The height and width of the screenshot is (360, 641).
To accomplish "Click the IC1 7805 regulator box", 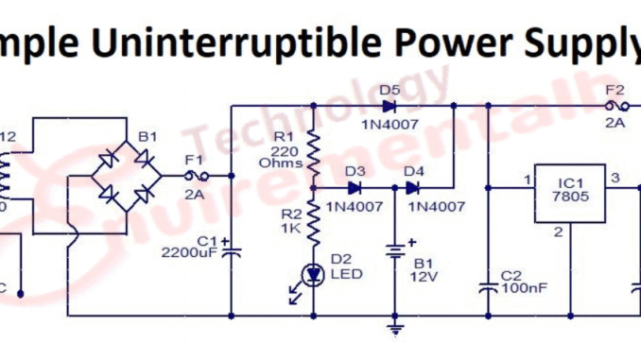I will click(x=569, y=194).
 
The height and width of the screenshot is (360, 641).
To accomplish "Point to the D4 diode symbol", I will click(x=413, y=187).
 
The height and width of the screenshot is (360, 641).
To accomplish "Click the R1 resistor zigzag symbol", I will click(x=313, y=146).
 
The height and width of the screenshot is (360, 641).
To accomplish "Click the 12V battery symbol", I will click(x=392, y=255).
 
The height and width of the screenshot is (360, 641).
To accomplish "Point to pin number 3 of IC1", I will click(x=614, y=177).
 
